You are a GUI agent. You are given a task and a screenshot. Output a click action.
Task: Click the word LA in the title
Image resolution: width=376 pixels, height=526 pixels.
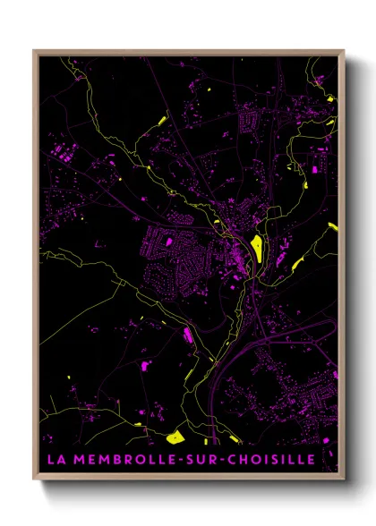click(54, 460)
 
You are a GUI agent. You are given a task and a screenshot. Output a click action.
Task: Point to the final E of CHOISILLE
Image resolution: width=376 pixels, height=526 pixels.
click(310, 460)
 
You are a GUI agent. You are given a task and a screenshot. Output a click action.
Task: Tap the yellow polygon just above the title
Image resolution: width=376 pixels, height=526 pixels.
click(175, 437)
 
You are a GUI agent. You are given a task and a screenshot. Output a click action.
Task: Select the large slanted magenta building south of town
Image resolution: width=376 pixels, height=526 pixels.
click(189, 336)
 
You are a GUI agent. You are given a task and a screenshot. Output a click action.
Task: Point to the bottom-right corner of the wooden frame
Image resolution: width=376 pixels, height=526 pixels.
click(344, 479)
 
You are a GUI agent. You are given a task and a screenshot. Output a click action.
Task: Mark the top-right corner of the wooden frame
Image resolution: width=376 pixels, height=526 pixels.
click(344, 51)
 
